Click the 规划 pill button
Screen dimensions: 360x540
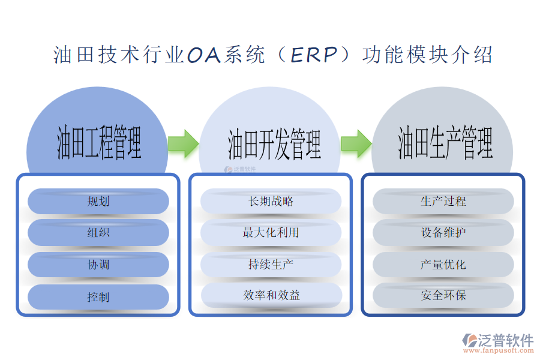point(98,202)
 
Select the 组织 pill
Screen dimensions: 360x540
point(98,233)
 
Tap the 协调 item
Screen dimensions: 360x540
point(98,265)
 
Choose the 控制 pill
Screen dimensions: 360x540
point(98,297)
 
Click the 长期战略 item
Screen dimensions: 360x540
point(271,202)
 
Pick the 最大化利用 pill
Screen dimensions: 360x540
point(271,233)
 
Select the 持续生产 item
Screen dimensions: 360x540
point(271,264)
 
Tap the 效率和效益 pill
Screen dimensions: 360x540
point(271,295)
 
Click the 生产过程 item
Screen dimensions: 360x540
point(443,202)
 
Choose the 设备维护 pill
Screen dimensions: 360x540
point(443,233)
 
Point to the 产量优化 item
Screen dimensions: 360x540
point(443,264)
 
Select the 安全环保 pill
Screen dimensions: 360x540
point(443,295)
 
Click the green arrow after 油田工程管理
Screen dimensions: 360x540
point(183,143)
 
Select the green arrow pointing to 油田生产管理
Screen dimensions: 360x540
point(356,143)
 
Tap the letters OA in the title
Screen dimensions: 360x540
point(205,55)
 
